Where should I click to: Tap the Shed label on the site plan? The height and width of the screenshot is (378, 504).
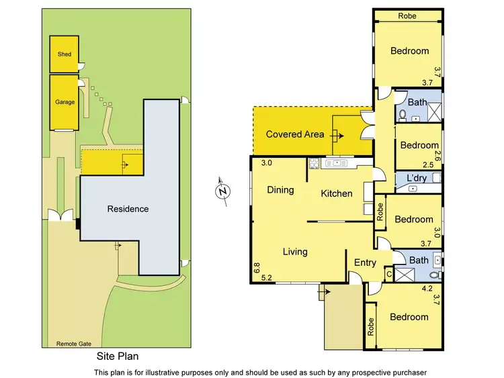coord(64,54)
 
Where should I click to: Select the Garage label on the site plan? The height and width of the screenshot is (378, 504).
coord(65,102)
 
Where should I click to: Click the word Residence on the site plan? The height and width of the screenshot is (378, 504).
coord(128,209)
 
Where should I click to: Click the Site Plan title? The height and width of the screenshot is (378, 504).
coord(118,357)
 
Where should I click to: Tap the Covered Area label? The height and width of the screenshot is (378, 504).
coord(295,134)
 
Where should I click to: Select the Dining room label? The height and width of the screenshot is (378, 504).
coord(280,190)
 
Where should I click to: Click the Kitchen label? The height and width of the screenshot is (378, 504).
coord(337,193)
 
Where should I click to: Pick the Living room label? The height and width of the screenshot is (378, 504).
coord(295,252)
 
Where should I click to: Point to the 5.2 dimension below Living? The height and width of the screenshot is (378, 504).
coord(266,277)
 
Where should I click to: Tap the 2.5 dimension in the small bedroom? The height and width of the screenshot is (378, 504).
coord(427,164)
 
